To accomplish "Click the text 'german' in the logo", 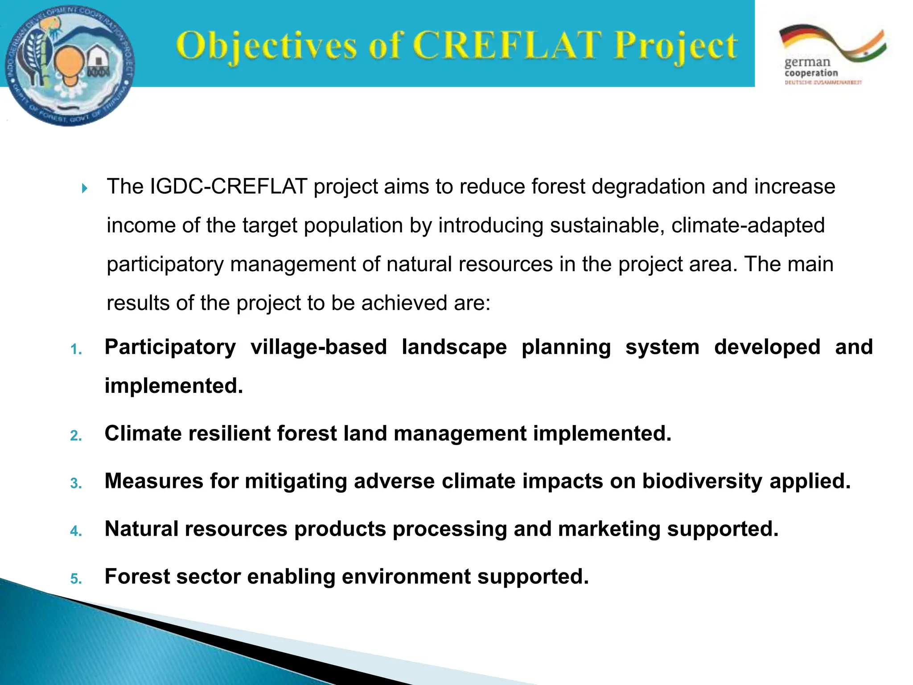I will (x=807, y=62).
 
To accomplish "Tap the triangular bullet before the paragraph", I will (x=85, y=189).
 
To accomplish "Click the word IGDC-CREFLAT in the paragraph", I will (x=229, y=187).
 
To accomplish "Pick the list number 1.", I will (x=76, y=349).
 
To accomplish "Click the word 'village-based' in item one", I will (x=318, y=347).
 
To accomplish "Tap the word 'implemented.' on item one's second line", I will (x=174, y=386).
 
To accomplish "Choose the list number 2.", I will (x=76, y=435).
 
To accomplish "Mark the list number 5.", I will (x=76, y=579).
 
